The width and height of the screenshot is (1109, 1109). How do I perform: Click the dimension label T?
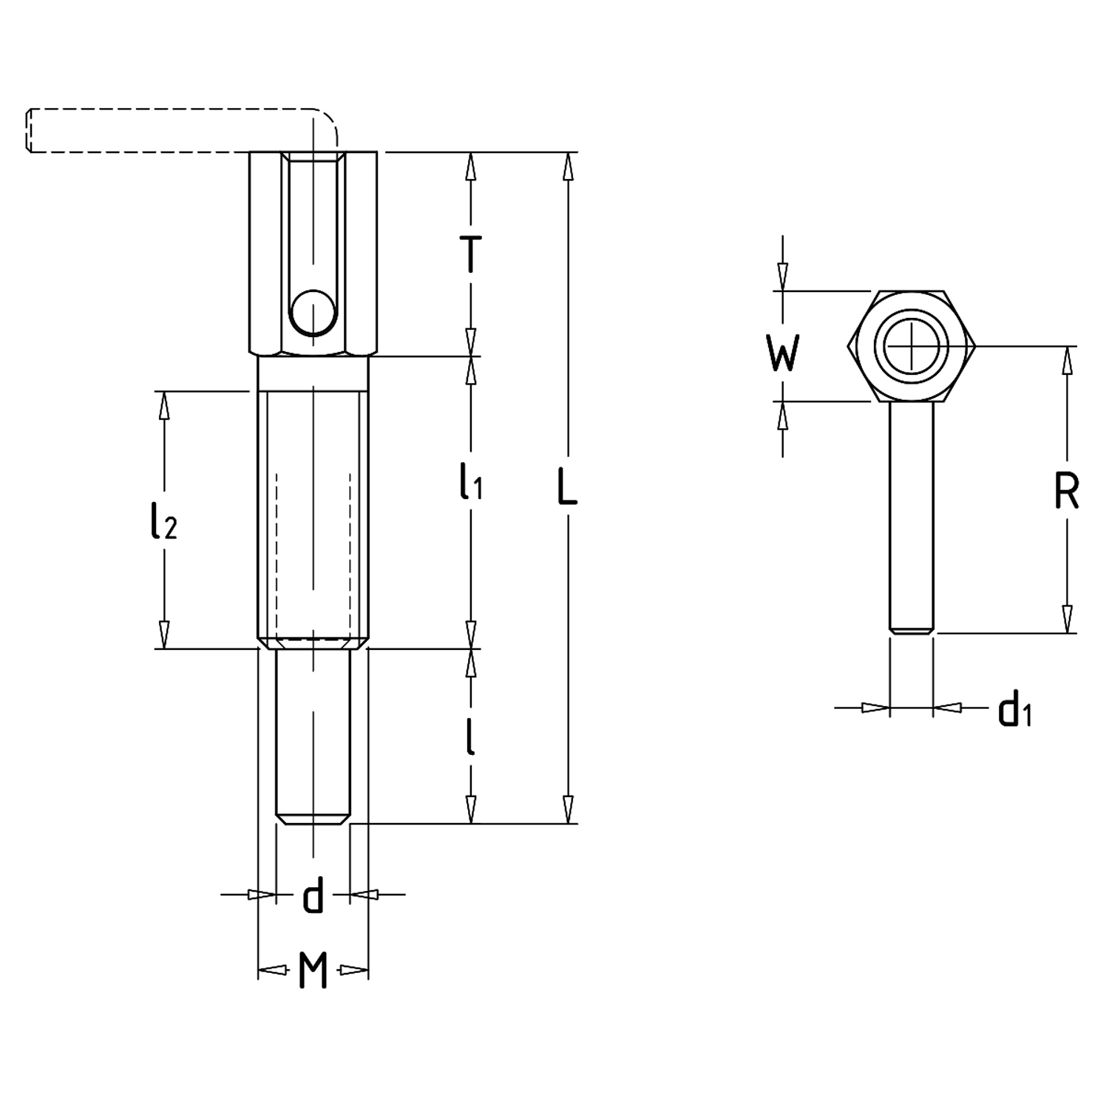[470, 254]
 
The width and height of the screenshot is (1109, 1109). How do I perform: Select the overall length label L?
[567, 489]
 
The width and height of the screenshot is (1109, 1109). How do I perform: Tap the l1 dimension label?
[470, 481]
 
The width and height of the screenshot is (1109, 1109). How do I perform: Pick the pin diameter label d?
[313, 896]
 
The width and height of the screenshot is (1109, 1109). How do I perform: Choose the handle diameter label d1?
[1014, 709]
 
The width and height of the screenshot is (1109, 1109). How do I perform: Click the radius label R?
[1066, 490]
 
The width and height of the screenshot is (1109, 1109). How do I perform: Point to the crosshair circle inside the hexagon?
[912, 345]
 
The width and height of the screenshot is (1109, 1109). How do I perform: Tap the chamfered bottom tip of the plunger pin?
[313, 819]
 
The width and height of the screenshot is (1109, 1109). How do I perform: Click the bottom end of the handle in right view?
[912, 630]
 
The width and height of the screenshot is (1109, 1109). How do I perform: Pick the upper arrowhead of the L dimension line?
[567, 166]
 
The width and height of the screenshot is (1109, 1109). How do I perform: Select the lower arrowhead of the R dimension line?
[1066, 620]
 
